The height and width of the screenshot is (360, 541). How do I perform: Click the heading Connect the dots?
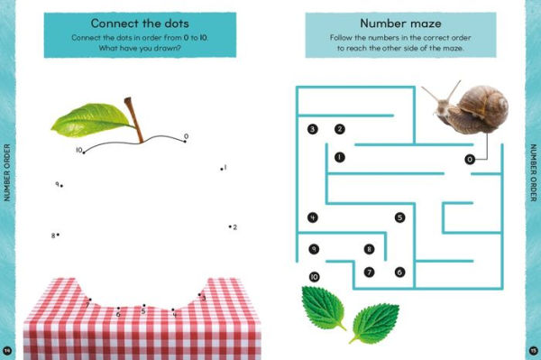[x=140, y=23]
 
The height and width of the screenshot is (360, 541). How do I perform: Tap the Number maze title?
[x=400, y=23]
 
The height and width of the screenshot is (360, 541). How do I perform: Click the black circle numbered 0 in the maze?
[x=469, y=160]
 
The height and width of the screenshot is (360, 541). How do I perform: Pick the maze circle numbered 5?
[x=399, y=217]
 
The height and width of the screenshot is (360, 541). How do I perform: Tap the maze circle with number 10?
[x=314, y=277]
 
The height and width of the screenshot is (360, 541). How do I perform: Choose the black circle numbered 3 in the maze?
[x=312, y=129]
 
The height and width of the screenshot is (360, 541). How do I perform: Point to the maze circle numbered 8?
[x=369, y=249]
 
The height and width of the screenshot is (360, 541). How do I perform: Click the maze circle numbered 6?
[x=399, y=272]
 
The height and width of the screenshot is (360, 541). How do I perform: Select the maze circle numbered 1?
[x=340, y=157]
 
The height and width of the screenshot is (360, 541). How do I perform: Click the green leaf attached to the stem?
[x=92, y=119]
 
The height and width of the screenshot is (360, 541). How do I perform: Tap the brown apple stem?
[x=134, y=120]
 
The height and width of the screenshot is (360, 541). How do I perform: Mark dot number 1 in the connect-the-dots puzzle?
[x=222, y=169]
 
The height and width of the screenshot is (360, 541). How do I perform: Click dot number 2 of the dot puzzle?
[x=230, y=226]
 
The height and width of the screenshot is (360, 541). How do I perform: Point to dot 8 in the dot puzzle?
[x=58, y=235]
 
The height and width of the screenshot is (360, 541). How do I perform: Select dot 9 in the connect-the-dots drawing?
[x=61, y=186]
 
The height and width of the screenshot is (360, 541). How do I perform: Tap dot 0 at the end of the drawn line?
[x=185, y=141]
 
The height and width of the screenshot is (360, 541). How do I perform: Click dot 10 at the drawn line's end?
[x=84, y=152]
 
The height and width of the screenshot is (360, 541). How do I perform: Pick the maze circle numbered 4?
[x=312, y=217]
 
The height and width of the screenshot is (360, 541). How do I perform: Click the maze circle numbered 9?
[x=314, y=249]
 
